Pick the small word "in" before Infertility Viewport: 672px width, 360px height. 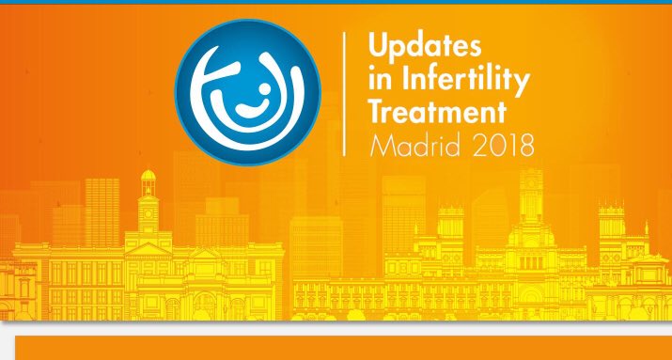380,78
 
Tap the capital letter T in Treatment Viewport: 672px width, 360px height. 378,112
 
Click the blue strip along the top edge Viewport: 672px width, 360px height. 336,2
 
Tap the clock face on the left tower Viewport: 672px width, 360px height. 147,212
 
